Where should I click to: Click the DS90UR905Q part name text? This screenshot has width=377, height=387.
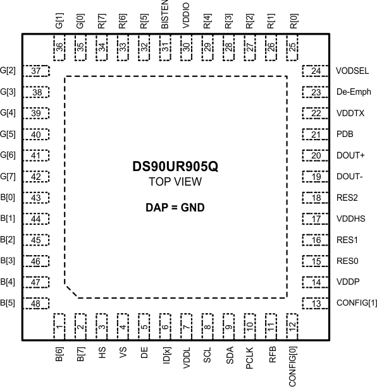(x=176, y=168)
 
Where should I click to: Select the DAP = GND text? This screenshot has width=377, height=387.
(x=176, y=207)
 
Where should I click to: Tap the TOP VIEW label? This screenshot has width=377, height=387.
(x=176, y=182)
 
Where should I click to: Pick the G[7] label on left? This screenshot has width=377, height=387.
(x=9, y=177)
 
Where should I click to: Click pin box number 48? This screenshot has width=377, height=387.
(x=36, y=304)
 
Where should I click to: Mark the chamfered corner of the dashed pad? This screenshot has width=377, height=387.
(x=72, y=291)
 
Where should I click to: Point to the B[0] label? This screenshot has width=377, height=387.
(x=8, y=198)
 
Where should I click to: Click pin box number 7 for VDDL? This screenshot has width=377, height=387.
(x=186, y=327)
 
